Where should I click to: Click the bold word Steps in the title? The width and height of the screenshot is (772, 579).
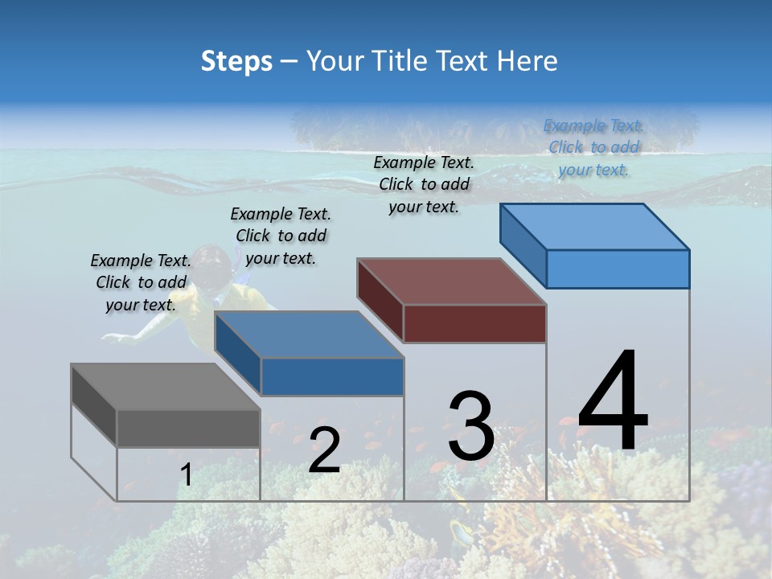236,61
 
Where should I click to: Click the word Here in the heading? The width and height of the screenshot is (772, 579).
528,61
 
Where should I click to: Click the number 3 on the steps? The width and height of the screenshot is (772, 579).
471,426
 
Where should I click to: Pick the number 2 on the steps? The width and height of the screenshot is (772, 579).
324,450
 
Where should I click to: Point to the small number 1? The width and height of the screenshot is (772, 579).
186,475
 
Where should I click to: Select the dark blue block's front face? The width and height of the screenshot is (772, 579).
332,376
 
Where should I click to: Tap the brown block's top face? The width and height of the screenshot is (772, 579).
451,281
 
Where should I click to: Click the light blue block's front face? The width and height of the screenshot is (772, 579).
618,269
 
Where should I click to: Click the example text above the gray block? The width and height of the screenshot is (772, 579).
141,282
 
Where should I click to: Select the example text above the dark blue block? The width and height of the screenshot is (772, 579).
281,236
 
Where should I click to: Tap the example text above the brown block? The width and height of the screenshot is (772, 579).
424,184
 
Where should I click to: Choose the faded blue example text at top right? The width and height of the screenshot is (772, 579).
593,147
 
